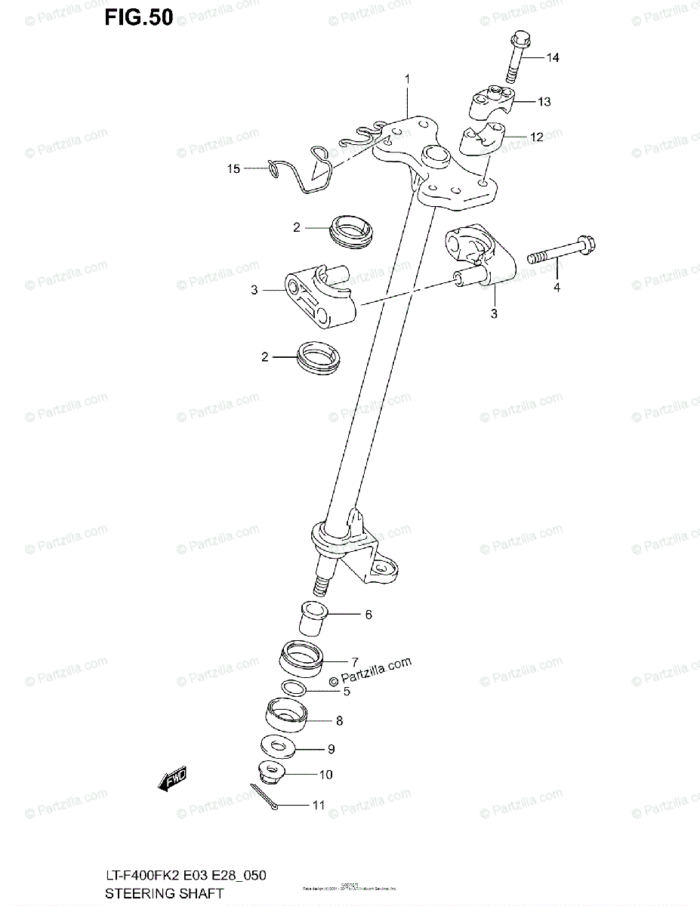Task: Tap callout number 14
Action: point(553,58)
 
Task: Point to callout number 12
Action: point(536,137)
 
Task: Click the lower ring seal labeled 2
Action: point(318,356)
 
